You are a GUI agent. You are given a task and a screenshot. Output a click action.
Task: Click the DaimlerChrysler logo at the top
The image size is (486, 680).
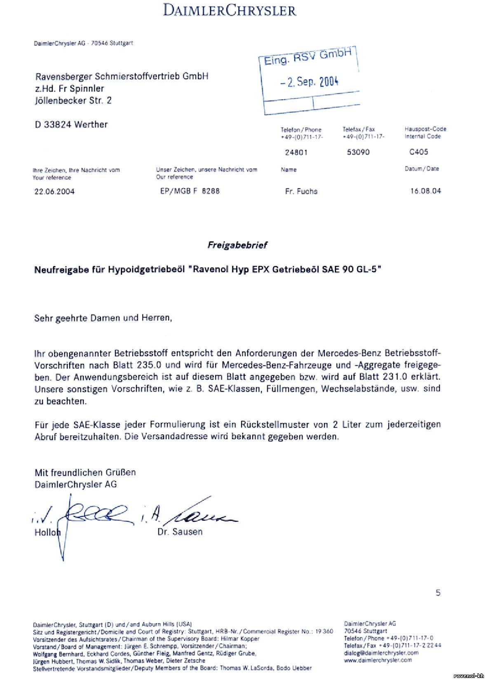coord(230,10)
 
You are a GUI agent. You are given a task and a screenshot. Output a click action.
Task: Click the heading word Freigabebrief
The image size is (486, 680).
coord(237,245)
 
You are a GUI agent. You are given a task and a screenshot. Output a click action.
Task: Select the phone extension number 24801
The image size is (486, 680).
coord(296,152)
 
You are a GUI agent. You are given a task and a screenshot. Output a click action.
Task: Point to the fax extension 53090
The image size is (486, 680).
coord(358,152)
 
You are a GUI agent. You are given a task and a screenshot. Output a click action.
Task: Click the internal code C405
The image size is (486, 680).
coord(418,152)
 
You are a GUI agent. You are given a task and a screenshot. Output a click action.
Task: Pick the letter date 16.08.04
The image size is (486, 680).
coord(425,191)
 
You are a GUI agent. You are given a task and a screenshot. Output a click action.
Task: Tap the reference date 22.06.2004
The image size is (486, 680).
coord(54,192)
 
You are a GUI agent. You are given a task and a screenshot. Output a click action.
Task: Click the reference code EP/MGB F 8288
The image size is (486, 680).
coord(190,191)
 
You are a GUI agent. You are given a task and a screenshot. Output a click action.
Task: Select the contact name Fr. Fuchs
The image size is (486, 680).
coord(301,191)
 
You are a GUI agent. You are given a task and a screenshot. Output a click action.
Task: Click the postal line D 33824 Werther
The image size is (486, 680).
coord(71,124)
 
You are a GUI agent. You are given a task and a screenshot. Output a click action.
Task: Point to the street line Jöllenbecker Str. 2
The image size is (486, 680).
coord(73,101)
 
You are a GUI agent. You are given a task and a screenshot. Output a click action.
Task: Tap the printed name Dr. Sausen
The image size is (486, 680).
coord(180,532)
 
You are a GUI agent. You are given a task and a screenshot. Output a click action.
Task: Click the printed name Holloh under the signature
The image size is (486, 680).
coord(47,532)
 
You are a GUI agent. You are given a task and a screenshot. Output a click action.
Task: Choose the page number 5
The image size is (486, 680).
coord(438,593)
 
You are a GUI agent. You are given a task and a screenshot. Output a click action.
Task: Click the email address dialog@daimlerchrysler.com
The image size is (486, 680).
coord(381,653)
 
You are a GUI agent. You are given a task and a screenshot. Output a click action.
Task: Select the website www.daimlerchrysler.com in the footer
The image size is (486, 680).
coord(378,660)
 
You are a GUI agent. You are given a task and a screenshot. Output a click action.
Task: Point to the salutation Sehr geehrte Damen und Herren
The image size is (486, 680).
coord(103,318)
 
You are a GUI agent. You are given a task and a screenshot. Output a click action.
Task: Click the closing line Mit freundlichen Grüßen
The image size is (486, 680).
coord(85,472)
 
